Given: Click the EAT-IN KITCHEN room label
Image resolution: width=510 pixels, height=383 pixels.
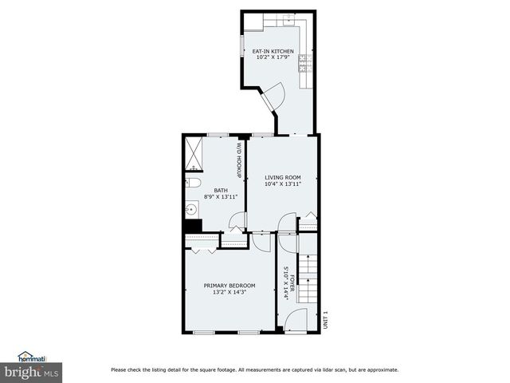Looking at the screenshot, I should pos(273,52).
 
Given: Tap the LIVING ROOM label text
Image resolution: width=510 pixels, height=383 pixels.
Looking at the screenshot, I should pos(283,176).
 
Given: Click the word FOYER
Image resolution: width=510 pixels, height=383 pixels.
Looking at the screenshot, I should pos(292,284).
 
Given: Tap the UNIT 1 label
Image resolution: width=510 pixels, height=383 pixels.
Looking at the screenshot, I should pos(325,319).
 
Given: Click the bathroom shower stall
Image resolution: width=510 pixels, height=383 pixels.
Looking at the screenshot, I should pos(194,153).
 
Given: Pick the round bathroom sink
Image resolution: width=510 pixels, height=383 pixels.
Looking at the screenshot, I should pos(191,211).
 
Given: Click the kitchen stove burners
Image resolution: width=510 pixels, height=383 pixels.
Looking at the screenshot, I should pos(303,62).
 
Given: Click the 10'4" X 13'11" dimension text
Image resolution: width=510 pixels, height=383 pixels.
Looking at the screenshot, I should pos(283,184).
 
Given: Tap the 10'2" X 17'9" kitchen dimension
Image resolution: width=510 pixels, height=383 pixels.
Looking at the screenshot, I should pos(273,58).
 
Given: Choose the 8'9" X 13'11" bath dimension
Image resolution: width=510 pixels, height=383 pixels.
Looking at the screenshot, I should pos(221,196).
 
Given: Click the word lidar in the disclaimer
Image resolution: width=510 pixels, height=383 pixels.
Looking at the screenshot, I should pos(337,369).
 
